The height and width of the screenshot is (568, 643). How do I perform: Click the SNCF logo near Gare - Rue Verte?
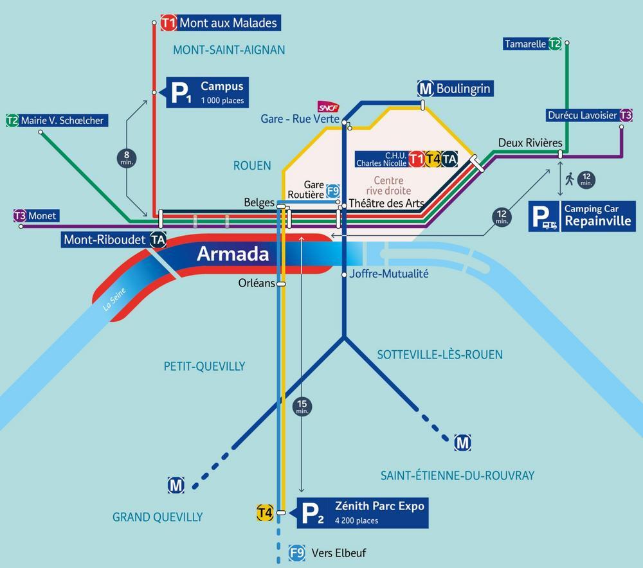pyautogui.click(x=329, y=107)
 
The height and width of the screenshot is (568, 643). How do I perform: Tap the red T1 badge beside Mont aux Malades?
pyautogui.click(x=168, y=22)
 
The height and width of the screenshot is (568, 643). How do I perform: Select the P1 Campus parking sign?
pyautogui.click(x=207, y=93)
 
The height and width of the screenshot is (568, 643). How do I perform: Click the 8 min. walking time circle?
pyautogui.click(x=127, y=158)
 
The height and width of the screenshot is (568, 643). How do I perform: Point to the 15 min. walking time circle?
pyautogui.click(x=302, y=407)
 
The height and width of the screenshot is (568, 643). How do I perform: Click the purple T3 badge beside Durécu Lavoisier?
pyautogui.click(x=626, y=115)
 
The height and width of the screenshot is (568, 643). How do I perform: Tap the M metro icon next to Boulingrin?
pyautogui.click(x=426, y=88)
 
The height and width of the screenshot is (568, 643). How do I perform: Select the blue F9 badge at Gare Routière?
pyautogui.click(x=333, y=191)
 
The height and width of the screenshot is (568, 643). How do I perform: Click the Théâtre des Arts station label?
pyautogui.click(x=385, y=203)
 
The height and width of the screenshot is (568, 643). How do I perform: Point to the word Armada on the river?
pyautogui.click(x=233, y=254)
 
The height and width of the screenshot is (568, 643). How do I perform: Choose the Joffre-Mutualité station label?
pyautogui.click(x=389, y=274)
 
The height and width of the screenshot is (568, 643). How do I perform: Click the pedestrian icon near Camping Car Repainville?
pyautogui.click(x=570, y=179)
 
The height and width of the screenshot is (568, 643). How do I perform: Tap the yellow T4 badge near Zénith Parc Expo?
pyautogui.click(x=265, y=512)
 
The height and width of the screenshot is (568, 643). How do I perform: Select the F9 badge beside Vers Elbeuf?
pyautogui.click(x=297, y=553)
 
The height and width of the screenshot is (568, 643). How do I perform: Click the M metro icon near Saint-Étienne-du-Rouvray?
pyautogui.click(x=462, y=443)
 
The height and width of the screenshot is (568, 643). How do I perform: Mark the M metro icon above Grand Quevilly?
pyautogui.click(x=176, y=485)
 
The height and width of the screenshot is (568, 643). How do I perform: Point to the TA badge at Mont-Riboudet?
pyautogui.click(x=158, y=240)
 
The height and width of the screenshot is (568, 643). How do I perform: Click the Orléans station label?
pyautogui.click(x=257, y=283)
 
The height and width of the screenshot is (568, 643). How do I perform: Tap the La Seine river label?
pyautogui.click(x=114, y=299)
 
